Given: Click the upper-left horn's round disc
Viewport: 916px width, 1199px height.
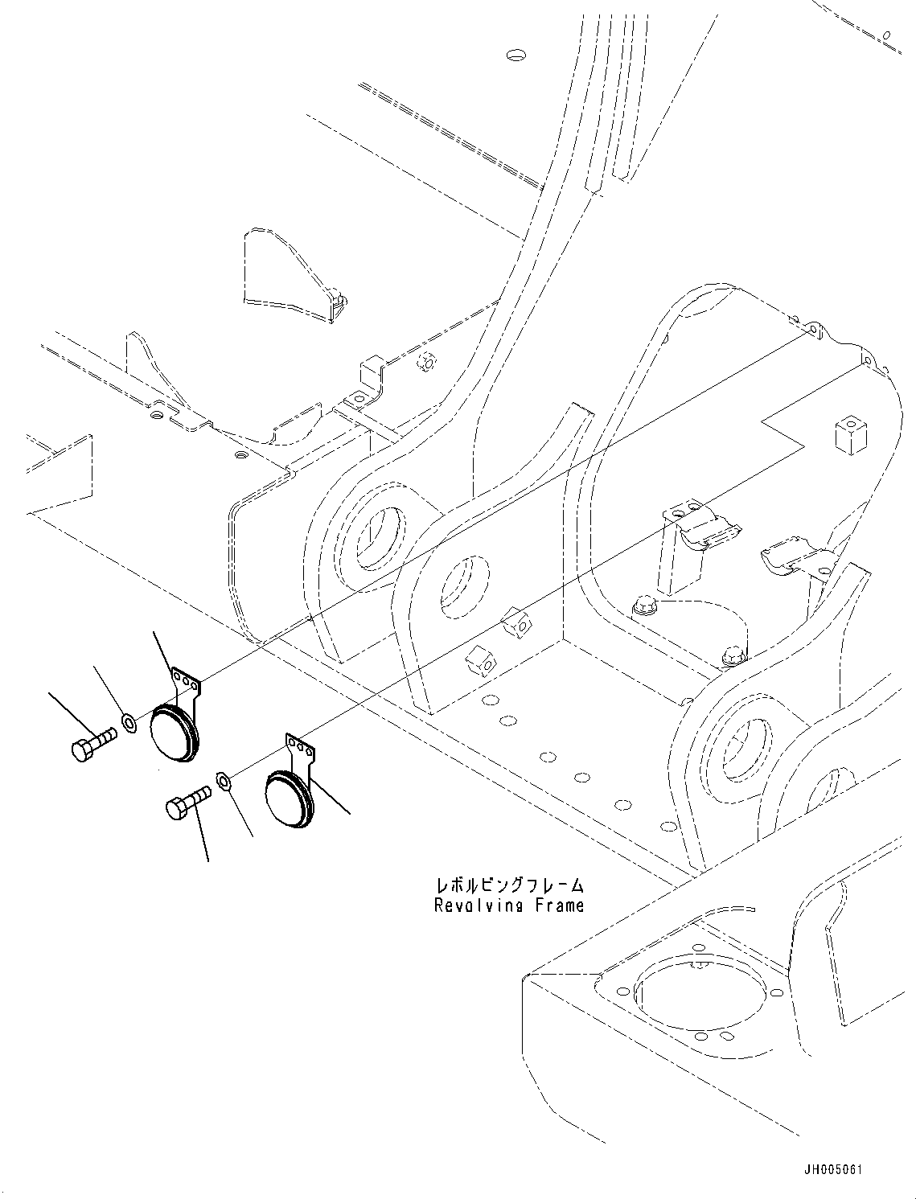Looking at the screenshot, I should tap(172, 731).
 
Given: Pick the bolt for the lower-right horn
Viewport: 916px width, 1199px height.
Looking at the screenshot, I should tap(187, 803).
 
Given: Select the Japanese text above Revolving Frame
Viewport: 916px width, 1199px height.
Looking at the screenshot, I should tap(509, 885).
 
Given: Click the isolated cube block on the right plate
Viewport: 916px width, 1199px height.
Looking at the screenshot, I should tap(849, 436).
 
